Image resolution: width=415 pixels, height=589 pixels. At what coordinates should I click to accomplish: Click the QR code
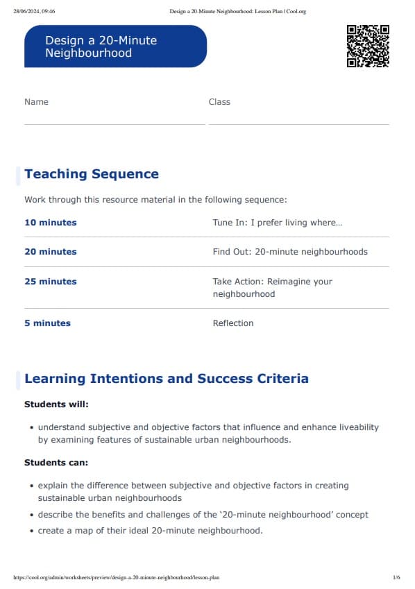point(368,46)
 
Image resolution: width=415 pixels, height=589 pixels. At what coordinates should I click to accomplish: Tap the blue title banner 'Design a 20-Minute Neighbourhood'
point(115,46)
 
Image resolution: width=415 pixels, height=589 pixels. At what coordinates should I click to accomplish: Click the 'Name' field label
point(36,101)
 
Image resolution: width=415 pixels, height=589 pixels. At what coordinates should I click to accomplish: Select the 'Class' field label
point(219,101)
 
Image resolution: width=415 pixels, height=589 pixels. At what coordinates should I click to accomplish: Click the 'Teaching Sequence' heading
point(92,174)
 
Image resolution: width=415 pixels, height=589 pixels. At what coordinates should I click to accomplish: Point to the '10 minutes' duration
point(51,223)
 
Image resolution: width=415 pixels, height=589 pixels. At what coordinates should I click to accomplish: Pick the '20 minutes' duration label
point(51,252)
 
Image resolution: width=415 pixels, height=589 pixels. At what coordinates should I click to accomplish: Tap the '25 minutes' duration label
point(51,282)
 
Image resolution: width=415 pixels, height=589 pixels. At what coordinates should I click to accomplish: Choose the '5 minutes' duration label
point(47,323)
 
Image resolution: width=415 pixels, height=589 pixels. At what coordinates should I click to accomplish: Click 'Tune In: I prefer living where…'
point(278,223)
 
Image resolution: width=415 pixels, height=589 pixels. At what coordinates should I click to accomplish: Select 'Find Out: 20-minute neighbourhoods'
point(290,252)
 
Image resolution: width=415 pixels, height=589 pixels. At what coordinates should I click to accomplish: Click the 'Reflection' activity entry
point(233,323)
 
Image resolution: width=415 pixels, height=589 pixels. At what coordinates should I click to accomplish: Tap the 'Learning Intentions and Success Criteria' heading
point(167,379)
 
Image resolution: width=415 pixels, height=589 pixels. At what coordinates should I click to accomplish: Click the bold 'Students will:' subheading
point(56,404)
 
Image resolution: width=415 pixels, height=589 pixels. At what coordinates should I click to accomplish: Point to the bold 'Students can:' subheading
point(56,462)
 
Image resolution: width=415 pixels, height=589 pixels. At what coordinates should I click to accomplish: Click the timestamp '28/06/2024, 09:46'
point(34,11)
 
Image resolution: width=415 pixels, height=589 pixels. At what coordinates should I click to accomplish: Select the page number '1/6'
point(396,577)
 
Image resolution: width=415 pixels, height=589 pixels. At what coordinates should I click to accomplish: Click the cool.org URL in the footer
point(117,577)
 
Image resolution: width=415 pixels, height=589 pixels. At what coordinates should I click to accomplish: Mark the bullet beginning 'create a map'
point(151,531)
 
